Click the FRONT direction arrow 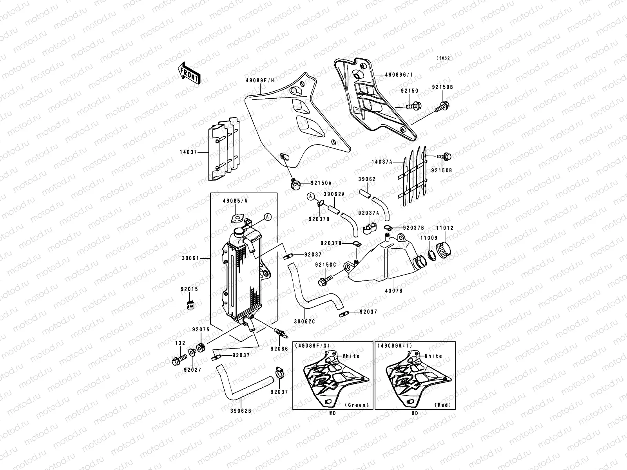tap(189, 73)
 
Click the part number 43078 tap(394, 291)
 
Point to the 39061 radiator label tap(201, 258)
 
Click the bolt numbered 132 tap(177, 360)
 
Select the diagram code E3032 tap(444, 58)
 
